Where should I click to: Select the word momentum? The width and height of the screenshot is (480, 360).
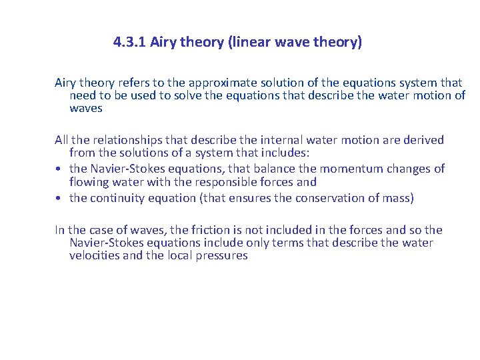coord(351,169)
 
